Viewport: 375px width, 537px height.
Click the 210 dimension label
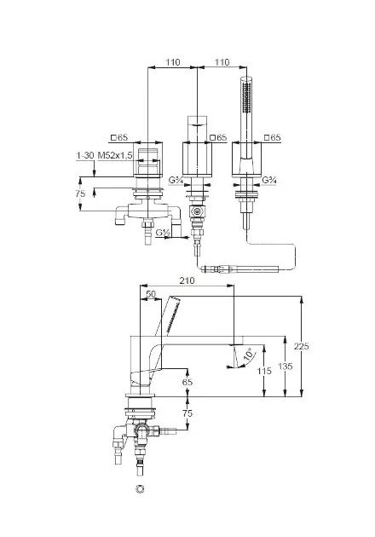point(187,280)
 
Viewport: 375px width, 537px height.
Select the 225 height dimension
point(302,346)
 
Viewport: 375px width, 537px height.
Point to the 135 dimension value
point(286,367)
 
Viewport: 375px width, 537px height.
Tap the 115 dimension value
point(264,371)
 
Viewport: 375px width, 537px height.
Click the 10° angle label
point(250,354)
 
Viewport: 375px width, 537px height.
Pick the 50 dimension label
point(151,294)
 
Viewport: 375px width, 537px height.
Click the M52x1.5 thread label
point(115,155)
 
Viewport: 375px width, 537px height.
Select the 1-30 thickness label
point(84,155)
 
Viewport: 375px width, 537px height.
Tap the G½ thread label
point(163,233)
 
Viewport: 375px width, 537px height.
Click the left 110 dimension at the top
point(173,62)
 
